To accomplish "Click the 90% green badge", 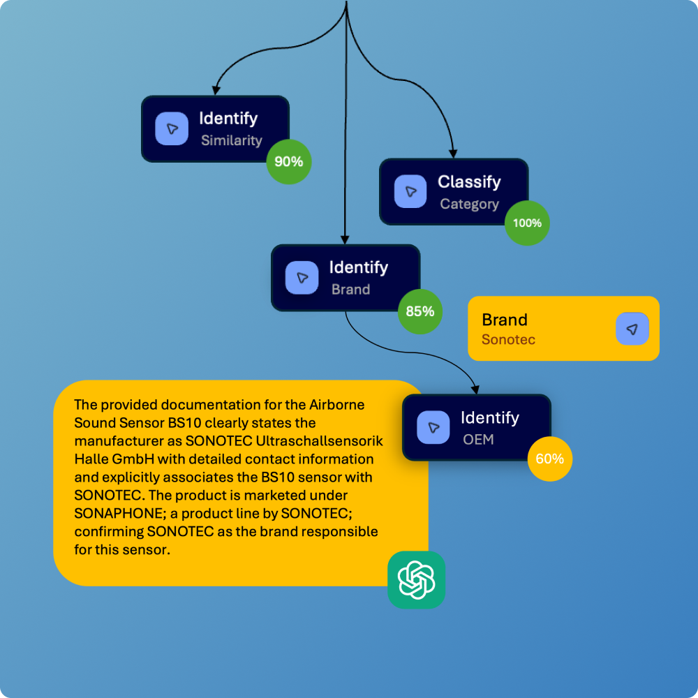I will point(289,162).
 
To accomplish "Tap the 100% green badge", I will point(527,223).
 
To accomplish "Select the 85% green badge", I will point(420,311).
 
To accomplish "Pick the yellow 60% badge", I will point(550,459).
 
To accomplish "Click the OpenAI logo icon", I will point(416,580).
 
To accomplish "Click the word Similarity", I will point(231,140).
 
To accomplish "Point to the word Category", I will point(469,205).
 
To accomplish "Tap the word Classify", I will point(469,182).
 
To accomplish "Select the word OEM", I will point(478,440).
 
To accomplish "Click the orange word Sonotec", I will point(508,340).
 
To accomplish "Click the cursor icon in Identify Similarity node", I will point(172,129).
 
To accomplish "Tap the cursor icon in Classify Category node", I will point(410,192).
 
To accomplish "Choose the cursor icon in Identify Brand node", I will point(302,278).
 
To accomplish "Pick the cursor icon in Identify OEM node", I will point(433,428).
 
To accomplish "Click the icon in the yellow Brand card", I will point(632,329).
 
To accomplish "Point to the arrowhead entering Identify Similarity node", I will point(216,90).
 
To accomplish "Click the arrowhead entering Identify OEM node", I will point(476,389).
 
